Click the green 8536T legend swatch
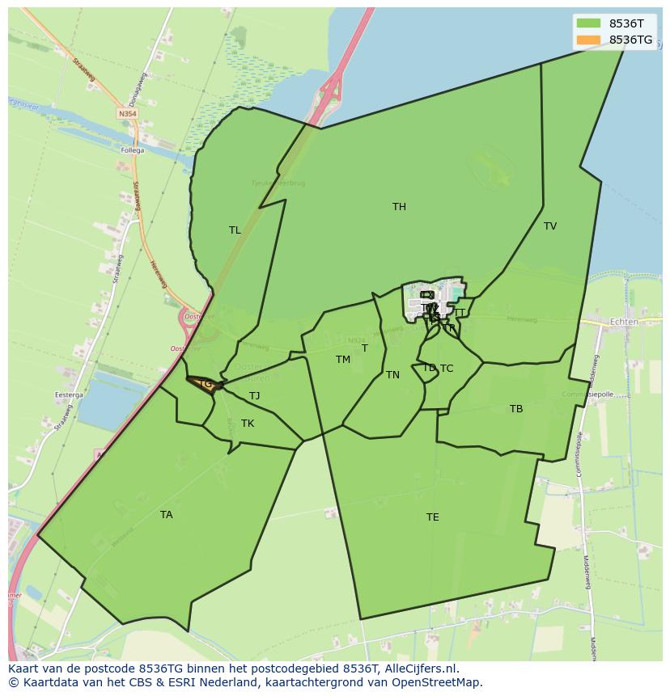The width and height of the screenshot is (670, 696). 588,24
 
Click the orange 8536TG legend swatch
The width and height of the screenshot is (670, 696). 588,40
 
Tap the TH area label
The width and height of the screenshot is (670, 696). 399,207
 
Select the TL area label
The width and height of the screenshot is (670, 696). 235,230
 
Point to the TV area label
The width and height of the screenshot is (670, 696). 550,226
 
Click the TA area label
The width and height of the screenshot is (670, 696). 166,515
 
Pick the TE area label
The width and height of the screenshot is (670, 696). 433,517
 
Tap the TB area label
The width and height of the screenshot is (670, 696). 516,409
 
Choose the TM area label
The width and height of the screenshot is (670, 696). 343,360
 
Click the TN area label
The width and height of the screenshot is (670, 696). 392,375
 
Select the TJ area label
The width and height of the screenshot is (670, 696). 254,396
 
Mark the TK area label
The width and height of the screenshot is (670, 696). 248,424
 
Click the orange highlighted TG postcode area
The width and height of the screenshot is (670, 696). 206,385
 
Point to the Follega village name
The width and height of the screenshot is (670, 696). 132,150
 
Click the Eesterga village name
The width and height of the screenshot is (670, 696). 69,395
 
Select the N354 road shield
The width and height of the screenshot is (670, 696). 127,115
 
